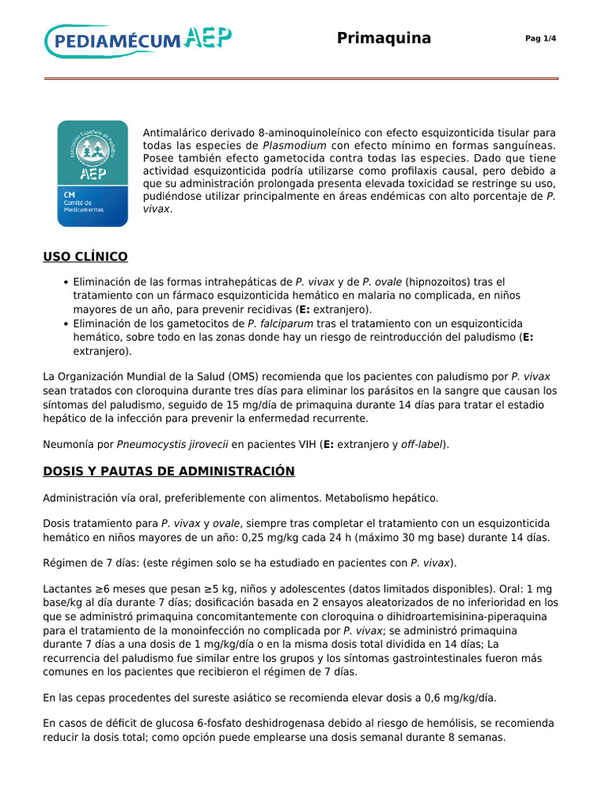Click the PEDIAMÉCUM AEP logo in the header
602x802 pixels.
[138, 40]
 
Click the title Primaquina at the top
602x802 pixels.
[383, 38]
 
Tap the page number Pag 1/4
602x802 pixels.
[540, 39]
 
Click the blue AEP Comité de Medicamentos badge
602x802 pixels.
[92, 173]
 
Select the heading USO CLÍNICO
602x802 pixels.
[85, 257]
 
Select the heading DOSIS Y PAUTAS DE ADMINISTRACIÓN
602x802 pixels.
[169, 471]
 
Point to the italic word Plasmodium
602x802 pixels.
[294, 145]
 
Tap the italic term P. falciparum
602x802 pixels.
[281, 323]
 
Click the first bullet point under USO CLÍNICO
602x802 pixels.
[65, 282]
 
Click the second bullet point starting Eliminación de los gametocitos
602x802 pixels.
[65, 324]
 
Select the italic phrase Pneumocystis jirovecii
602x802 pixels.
[172, 444]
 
